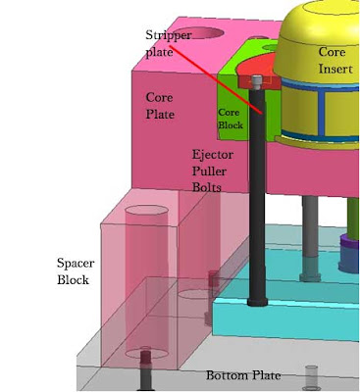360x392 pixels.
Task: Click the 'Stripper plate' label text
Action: click(x=168, y=43)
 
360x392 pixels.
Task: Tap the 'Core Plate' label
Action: click(x=160, y=106)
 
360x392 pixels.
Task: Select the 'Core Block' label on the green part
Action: click(x=231, y=119)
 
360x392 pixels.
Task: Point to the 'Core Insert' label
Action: click(x=335, y=60)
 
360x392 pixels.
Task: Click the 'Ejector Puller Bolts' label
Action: click(x=213, y=171)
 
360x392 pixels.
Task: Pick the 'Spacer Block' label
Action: click(x=76, y=271)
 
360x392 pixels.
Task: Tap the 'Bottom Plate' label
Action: click(x=243, y=375)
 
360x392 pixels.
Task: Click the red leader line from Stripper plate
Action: click(x=216, y=80)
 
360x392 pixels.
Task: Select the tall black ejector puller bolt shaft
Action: click(x=257, y=196)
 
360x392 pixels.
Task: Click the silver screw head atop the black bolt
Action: click(x=257, y=82)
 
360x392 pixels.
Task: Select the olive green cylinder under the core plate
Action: click(x=353, y=219)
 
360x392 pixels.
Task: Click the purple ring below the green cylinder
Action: click(x=349, y=243)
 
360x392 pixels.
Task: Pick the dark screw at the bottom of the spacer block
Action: click(x=146, y=369)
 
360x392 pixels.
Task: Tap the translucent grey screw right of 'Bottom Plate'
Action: click(x=311, y=377)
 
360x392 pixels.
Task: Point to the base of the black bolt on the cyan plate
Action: click(x=257, y=301)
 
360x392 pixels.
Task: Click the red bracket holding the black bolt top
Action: click(x=259, y=82)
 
